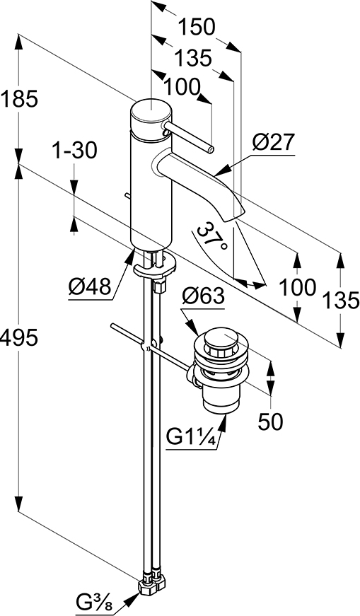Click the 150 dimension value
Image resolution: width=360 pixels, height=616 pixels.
click(x=197, y=28)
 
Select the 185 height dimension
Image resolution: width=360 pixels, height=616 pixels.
click(x=19, y=98)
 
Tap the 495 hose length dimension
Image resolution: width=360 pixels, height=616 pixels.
click(x=19, y=338)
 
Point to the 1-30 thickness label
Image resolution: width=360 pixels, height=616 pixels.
click(x=75, y=151)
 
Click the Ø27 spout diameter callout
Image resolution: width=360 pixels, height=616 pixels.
click(x=274, y=142)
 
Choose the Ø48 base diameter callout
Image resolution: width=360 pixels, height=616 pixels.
click(x=90, y=287)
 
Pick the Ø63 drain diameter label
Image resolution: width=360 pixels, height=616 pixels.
click(x=203, y=296)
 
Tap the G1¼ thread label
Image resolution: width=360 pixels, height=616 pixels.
click(x=192, y=437)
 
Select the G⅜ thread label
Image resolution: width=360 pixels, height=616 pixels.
click(x=94, y=603)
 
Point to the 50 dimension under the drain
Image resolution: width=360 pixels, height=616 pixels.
click(x=270, y=422)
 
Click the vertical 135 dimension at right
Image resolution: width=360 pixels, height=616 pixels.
click(x=340, y=301)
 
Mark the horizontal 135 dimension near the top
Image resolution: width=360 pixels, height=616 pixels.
click(x=193, y=59)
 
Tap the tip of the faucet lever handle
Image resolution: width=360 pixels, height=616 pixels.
click(x=211, y=150)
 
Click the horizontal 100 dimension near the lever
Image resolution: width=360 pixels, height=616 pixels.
click(x=182, y=87)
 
